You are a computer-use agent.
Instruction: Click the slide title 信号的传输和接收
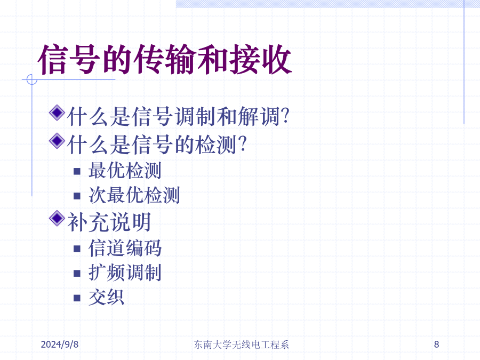click(x=165, y=59)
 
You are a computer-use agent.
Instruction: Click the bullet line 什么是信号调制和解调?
click(x=178, y=116)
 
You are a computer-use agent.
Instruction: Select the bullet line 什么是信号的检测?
click(x=157, y=145)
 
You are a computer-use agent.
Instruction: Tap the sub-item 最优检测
click(x=125, y=170)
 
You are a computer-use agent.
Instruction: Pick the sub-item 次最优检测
click(x=134, y=195)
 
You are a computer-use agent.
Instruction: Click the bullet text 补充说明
click(x=109, y=222)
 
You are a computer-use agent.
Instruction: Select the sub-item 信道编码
click(x=125, y=247)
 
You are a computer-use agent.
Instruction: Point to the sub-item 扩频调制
click(x=125, y=273)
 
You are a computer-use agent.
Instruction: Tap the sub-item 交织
click(x=106, y=297)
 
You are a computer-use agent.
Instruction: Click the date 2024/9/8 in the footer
click(x=60, y=345)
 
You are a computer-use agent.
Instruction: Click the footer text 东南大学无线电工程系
click(x=242, y=345)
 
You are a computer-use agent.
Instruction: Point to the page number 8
click(x=436, y=345)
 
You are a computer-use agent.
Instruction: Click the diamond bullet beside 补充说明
click(x=57, y=219)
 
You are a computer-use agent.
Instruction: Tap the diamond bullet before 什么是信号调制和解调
click(x=57, y=113)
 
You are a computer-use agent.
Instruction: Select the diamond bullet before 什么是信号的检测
click(x=57, y=141)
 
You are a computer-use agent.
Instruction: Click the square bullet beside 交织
click(x=77, y=298)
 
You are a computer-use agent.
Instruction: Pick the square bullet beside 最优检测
click(x=77, y=171)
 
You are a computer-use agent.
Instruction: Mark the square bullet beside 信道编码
click(x=77, y=249)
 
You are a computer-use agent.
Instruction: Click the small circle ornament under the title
click(x=32, y=79)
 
